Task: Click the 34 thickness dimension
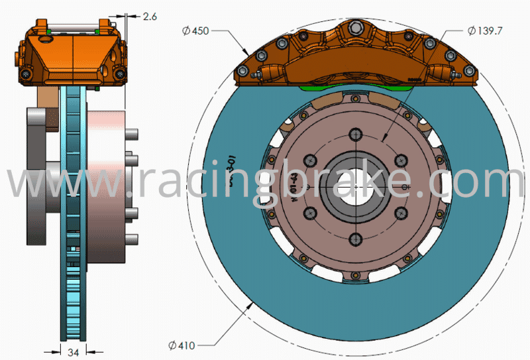click(x=74, y=353)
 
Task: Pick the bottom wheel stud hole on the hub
click(x=356, y=238)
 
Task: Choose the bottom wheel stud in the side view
click(x=132, y=237)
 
